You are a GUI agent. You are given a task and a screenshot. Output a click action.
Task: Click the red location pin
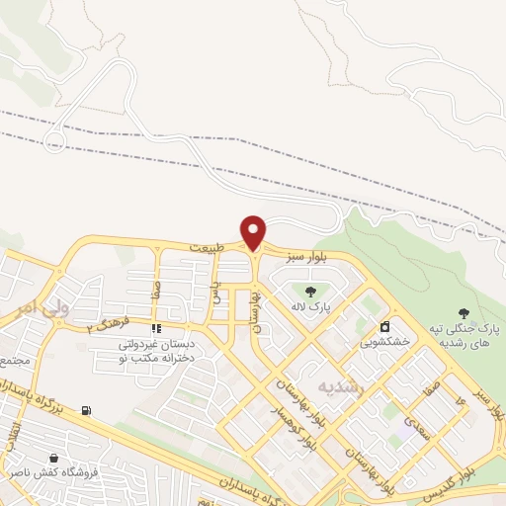pyautogui.click(x=254, y=232)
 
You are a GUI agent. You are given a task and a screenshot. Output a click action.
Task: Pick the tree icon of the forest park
pyautogui.click(x=463, y=312)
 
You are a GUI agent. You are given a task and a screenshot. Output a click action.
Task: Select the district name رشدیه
pyautogui.click(x=341, y=385)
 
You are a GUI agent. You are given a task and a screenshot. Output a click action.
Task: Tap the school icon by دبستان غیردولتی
pyautogui.click(x=155, y=328)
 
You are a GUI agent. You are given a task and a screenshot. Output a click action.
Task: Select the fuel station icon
pyautogui.click(x=87, y=410)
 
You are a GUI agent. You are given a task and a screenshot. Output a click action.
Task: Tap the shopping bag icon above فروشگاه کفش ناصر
pyautogui.click(x=52, y=459)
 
